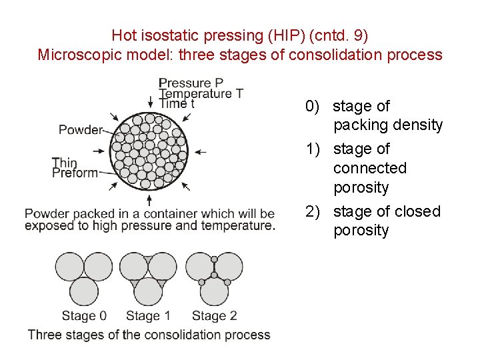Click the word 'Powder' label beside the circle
(81, 130)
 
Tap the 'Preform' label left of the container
(75, 173)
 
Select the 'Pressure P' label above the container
(191, 83)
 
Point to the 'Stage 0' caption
(84, 315)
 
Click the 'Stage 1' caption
(148, 315)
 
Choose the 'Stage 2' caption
(214, 315)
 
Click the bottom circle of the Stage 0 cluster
(84, 291)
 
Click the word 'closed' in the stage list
(417, 211)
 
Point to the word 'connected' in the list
(369, 168)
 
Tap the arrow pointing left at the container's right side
(200, 152)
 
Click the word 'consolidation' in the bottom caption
(183, 335)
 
